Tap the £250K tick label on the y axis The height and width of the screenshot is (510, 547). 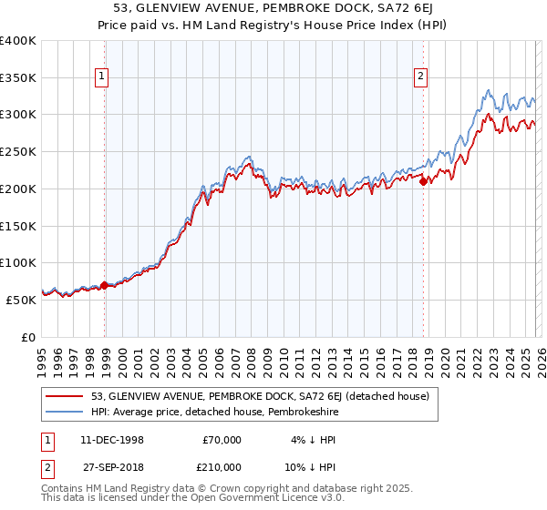pos(18,152)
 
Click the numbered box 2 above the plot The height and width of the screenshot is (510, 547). pos(421,77)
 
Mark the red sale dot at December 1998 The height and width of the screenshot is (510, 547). pos(104,285)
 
